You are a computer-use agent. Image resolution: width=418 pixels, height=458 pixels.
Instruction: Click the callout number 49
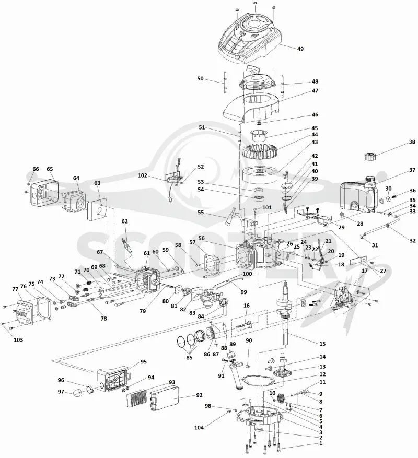300,49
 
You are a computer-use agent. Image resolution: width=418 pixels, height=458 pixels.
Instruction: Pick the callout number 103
18,339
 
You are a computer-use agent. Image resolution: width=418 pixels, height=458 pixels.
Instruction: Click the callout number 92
199,395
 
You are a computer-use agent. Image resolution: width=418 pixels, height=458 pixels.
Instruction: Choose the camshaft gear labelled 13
281,372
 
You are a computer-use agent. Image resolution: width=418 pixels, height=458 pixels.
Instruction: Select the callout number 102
143,175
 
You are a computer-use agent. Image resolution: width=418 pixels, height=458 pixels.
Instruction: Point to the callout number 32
412,241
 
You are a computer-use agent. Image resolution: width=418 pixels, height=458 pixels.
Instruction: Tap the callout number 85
190,357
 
